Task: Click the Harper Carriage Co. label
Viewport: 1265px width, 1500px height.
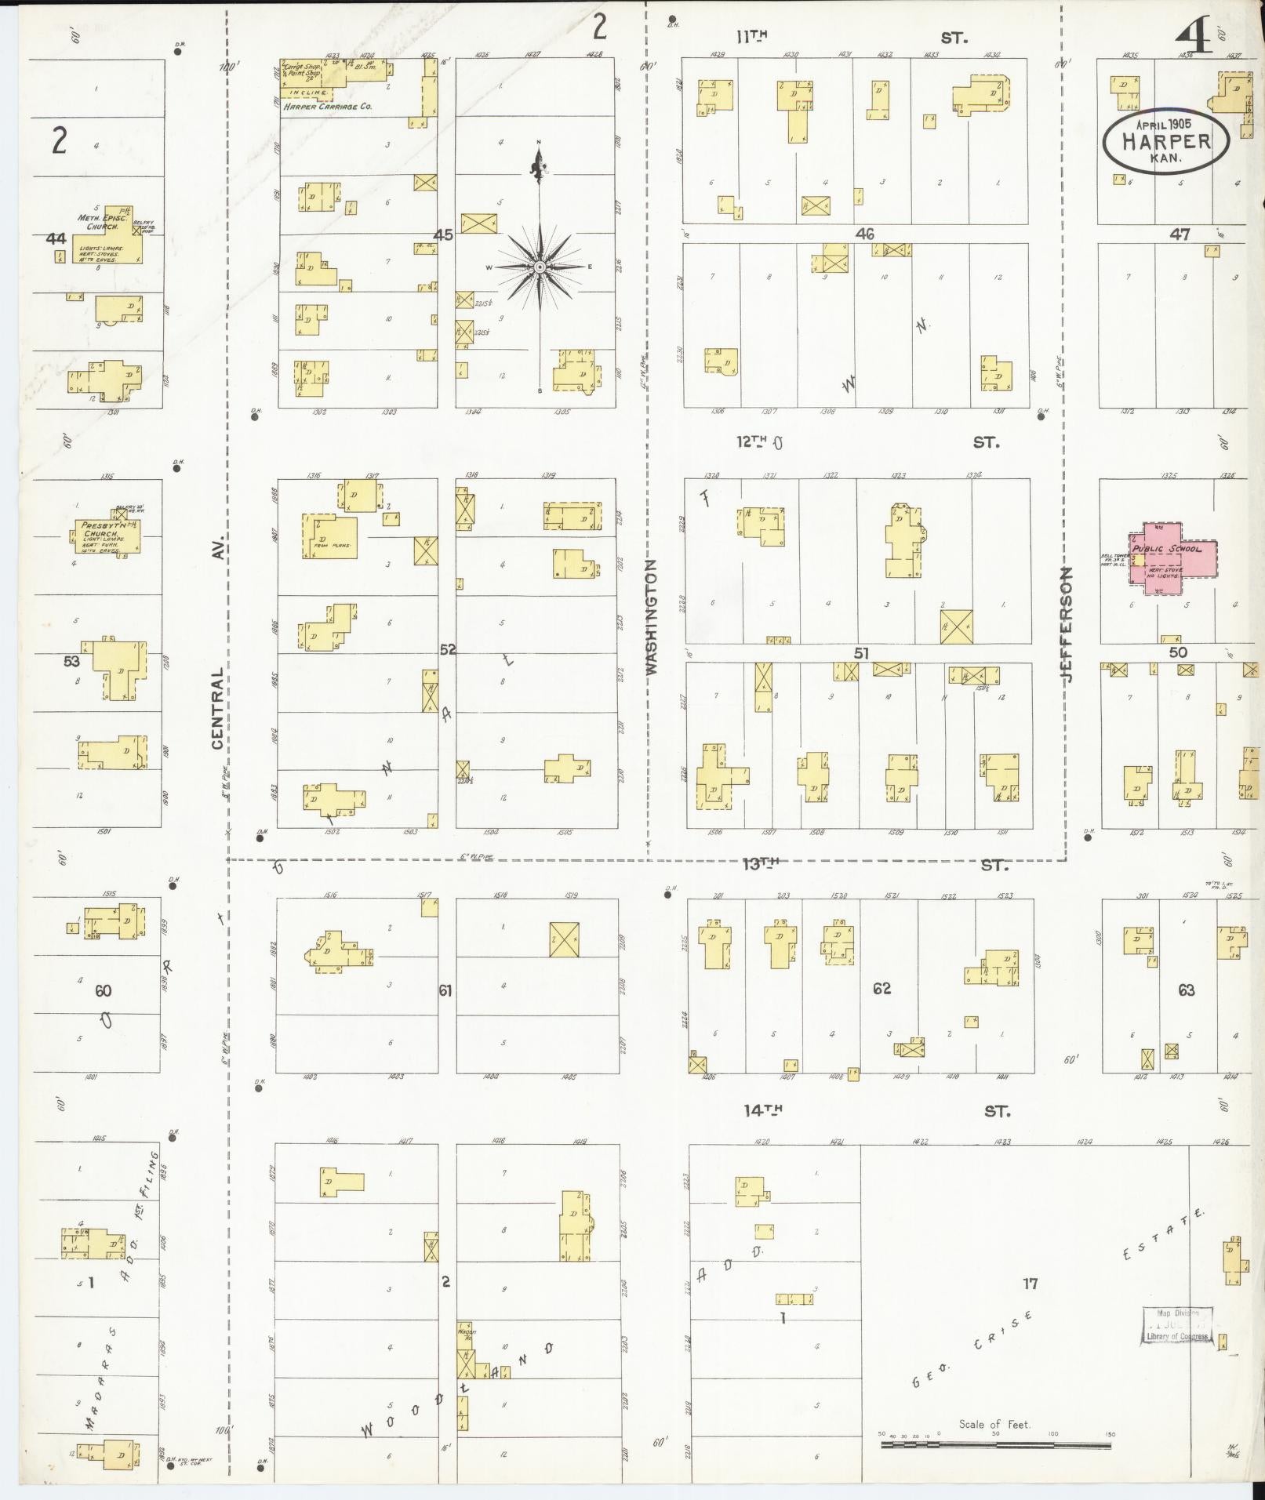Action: pos(327,107)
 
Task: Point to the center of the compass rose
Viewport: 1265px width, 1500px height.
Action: pos(540,267)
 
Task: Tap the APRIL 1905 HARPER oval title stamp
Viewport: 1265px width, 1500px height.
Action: pos(1165,142)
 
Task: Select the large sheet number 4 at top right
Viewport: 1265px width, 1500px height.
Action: pos(1194,37)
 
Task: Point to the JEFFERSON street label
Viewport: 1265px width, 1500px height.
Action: pos(1067,624)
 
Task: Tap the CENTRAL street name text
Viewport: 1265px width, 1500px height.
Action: pos(218,708)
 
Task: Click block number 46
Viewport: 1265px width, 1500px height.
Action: pos(864,234)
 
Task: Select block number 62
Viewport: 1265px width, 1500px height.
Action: pos(882,988)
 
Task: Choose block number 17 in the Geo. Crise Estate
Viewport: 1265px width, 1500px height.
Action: pos(1030,1284)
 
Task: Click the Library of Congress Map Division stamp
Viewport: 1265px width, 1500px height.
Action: pos(1176,1326)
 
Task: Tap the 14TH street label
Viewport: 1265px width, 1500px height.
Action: pos(763,1110)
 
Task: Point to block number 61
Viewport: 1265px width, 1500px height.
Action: pos(445,991)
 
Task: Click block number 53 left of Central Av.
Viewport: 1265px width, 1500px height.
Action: pos(71,662)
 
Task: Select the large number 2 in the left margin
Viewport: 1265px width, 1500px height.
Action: pos(59,141)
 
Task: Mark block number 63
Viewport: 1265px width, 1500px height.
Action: pos(1186,990)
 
